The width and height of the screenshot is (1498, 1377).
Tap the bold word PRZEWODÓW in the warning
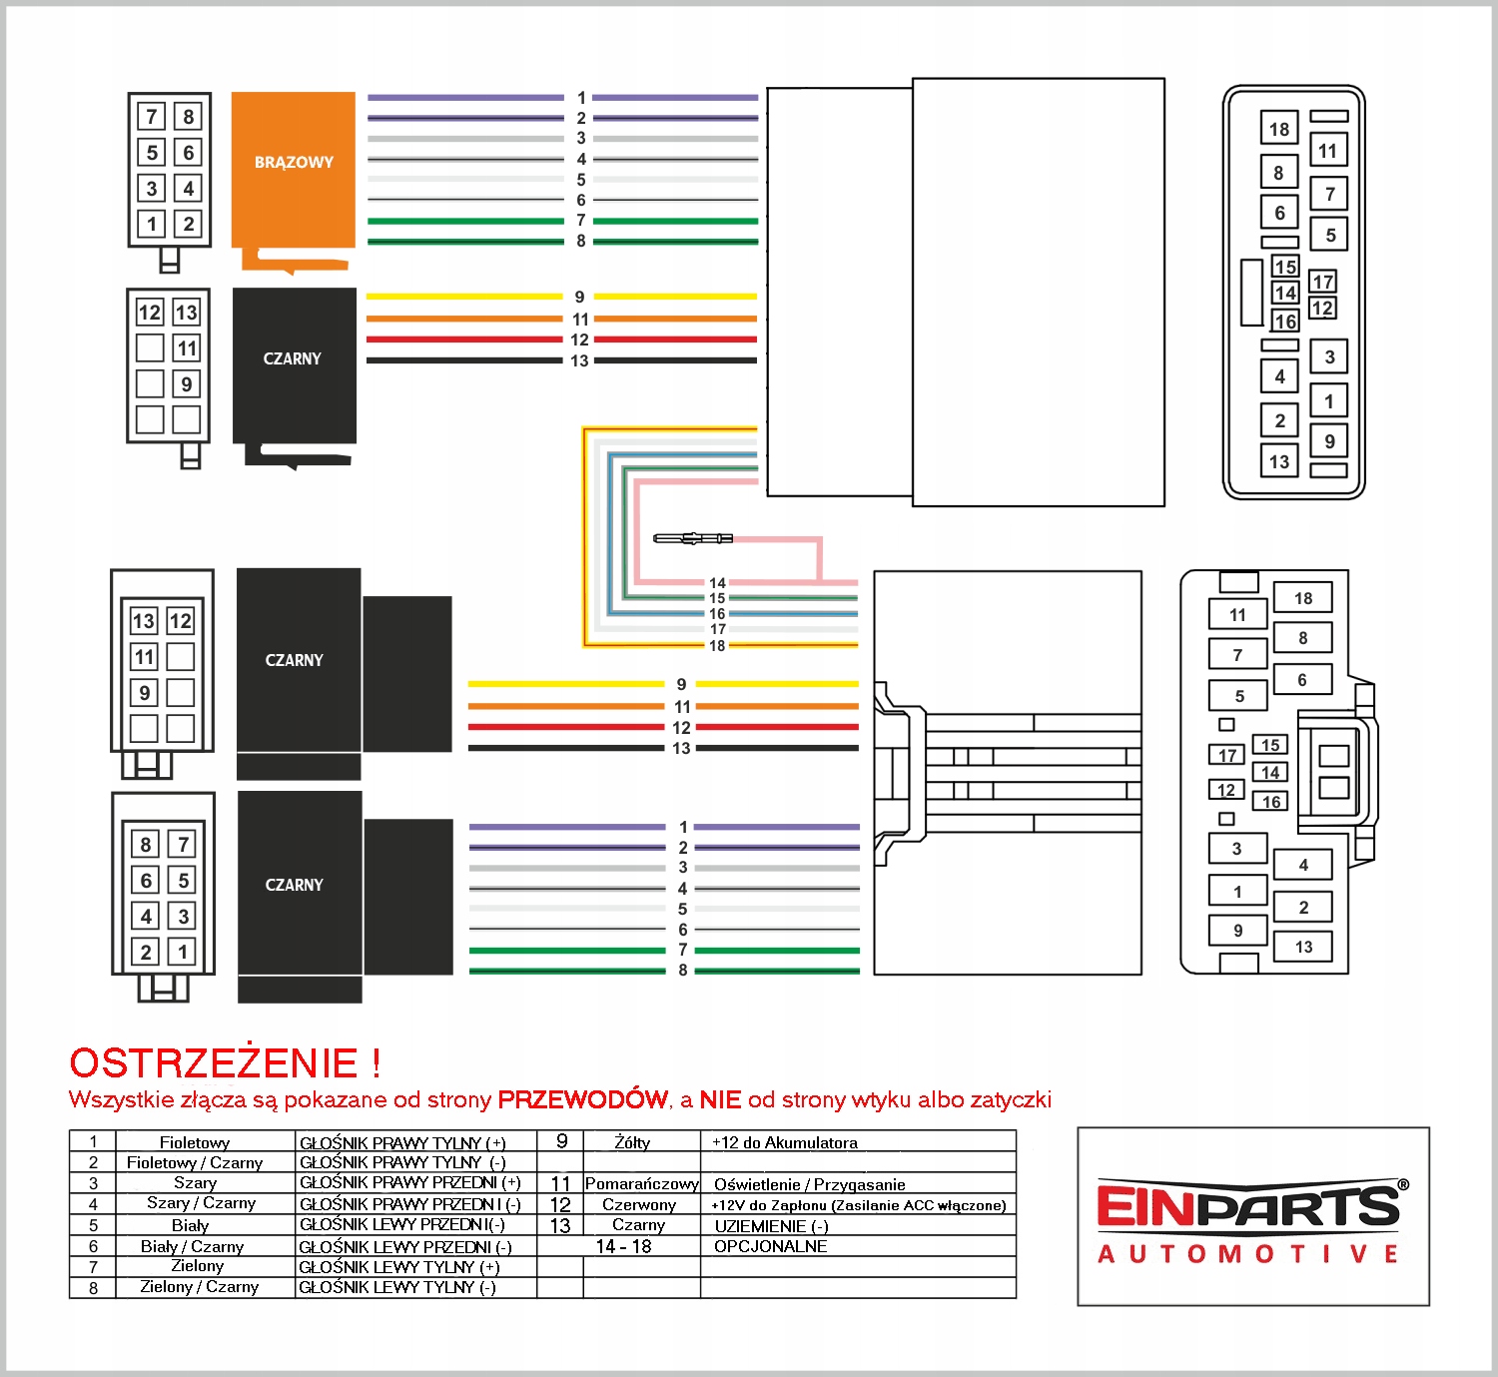(582, 1099)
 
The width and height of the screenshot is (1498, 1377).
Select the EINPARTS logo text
(1248, 1205)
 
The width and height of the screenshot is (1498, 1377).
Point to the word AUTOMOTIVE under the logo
(1248, 1254)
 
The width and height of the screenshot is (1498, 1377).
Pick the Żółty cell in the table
(632, 1142)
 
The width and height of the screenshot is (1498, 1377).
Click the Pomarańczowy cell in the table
(641, 1184)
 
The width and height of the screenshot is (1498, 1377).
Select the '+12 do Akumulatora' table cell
(785, 1142)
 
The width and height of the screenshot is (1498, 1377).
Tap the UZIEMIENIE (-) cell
(771, 1226)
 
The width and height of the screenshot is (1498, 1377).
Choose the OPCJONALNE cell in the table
(770, 1246)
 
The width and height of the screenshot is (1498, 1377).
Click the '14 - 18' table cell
(623, 1246)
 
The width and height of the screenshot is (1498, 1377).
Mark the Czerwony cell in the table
(639, 1205)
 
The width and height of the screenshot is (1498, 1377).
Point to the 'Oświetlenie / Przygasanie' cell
(809, 1184)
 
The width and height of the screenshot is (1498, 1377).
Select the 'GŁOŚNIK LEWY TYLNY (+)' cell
(399, 1267)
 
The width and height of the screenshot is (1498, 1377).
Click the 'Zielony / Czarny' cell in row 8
(199, 1287)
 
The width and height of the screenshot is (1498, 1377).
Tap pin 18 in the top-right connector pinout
(1278, 129)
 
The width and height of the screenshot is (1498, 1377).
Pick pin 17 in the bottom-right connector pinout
(1227, 755)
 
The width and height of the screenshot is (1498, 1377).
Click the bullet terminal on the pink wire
(692, 538)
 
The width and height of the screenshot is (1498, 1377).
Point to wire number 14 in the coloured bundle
(717, 583)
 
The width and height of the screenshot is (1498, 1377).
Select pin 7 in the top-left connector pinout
(151, 117)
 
